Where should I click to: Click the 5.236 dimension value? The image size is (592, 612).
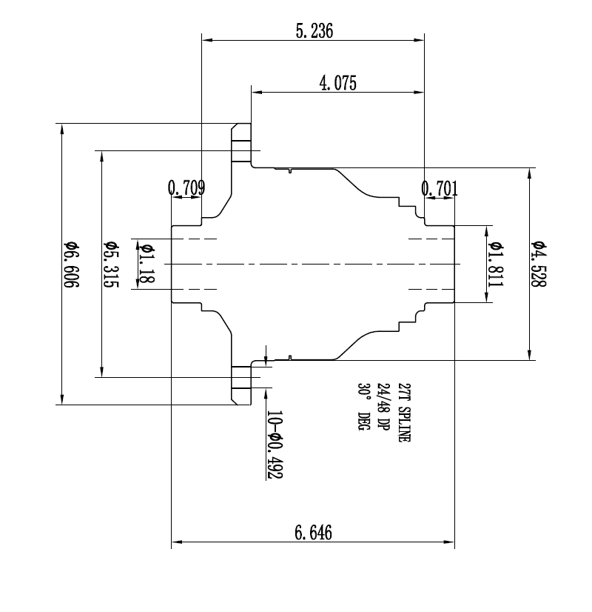pos(314,30)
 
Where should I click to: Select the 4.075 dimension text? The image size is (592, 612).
pos(337,83)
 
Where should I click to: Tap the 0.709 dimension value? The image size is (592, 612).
pos(186,187)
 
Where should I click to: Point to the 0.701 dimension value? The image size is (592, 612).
pos(440,188)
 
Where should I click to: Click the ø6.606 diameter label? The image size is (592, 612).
pos(71,265)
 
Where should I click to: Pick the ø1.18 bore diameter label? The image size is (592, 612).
pos(146,263)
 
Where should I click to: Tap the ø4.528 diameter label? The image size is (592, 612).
pos(538,265)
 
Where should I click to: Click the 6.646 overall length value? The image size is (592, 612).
pos(313,533)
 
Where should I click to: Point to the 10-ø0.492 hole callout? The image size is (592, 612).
pos(275,445)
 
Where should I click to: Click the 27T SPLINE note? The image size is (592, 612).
pos(404,413)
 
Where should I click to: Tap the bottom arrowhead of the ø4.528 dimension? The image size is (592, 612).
pos(530,354)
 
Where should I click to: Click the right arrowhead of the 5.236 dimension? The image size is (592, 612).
pos(420,40)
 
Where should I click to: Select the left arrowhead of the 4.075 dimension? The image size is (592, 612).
pos(257,93)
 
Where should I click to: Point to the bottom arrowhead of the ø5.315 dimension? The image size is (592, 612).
pos(102,371)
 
